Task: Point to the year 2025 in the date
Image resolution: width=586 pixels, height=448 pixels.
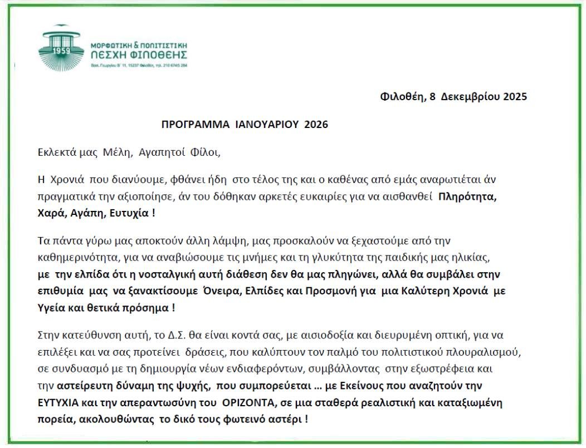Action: (511, 97)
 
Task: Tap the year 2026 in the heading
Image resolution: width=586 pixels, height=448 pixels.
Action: (316, 125)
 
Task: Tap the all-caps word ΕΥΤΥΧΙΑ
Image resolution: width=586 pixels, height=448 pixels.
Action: (59, 402)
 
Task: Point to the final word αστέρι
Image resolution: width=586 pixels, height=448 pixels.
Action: (287, 419)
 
